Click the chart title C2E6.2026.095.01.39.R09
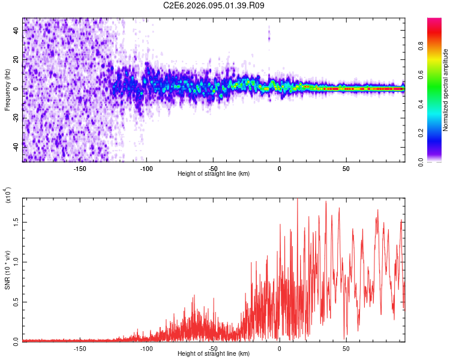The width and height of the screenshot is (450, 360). tap(214, 5)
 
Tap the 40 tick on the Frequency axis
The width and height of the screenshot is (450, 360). tap(15, 30)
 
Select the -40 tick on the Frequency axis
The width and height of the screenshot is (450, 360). tap(15, 146)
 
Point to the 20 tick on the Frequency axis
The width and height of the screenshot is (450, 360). tap(15, 59)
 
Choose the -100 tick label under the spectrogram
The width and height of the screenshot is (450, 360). tap(146, 168)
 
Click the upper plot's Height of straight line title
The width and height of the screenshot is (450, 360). tap(214, 174)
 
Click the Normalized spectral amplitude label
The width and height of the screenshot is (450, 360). tap(446, 90)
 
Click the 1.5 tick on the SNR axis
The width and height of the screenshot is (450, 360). tap(15, 221)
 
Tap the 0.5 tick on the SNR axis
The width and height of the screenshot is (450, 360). tap(15, 301)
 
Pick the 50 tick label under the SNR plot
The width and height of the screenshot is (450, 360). tap(346, 348)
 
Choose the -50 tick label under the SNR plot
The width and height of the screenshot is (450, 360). tap(213, 348)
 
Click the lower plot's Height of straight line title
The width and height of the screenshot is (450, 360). tap(214, 354)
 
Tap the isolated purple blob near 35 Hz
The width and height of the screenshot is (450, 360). tap(269, 38)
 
